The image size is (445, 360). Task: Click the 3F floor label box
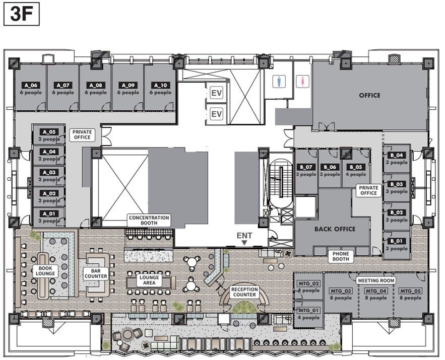21,14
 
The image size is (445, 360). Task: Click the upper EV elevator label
217,94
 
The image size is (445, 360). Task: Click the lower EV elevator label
217,114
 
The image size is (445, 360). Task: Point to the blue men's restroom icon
281,81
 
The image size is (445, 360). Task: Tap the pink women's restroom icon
302,81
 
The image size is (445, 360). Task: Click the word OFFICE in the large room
369,95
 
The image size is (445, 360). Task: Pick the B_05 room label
356,167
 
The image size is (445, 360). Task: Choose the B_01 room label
397,241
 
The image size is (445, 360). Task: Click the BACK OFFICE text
335,229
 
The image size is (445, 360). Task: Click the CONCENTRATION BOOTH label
149,221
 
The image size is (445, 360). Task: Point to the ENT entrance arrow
244,243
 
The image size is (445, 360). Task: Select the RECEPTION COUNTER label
244,292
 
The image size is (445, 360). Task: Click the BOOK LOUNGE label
45,271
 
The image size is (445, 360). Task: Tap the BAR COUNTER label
96,273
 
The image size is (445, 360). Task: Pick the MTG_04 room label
375,291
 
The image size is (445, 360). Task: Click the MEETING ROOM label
375,280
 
